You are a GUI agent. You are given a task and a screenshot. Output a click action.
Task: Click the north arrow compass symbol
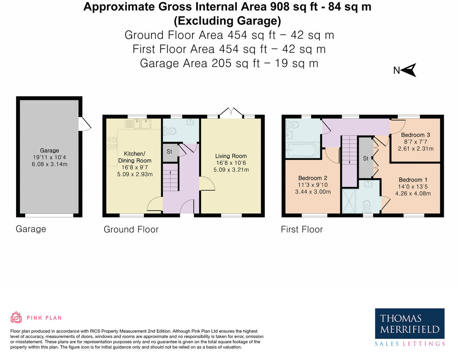[x=409, y=71]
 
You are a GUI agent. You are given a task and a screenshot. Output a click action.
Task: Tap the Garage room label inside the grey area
[x=49, y=151]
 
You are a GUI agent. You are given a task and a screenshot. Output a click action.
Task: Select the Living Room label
[x=231, y=156]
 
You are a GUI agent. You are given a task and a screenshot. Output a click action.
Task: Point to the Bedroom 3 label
[x=416, y=135]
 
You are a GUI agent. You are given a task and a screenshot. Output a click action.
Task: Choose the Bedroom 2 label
[x=313, y=178]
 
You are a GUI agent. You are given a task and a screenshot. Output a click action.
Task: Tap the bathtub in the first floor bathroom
[x=301, y=150]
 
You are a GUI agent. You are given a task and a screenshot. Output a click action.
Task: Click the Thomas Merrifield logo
[x=410, y=324]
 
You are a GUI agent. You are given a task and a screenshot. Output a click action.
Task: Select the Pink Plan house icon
[x=16, y=318]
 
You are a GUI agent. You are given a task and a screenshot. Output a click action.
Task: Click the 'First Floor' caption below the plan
[x=302, y=230]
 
